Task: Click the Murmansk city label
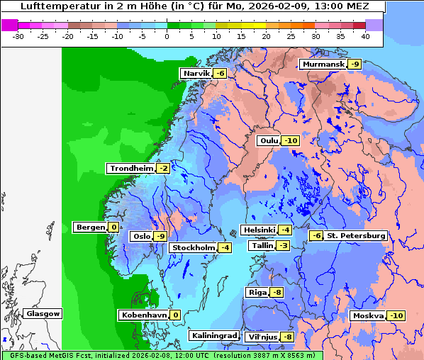[x=323, y=64]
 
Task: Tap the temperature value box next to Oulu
[x=291, y=141]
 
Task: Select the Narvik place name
[x=196, y=74]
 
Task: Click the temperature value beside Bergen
[x=113, y=227]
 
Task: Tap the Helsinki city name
[x=258, y=230]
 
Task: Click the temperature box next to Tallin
[x=284, y=246]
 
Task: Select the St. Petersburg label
[x=355, y=235]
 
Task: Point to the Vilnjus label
[x=262, y=337]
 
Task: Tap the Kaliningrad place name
[x=213, y=336]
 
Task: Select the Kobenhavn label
[x=143, y=315]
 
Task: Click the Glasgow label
[x=43, y=314]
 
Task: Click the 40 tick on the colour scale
[x=365, y=35]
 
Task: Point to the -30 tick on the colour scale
[x=18, y=35]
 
